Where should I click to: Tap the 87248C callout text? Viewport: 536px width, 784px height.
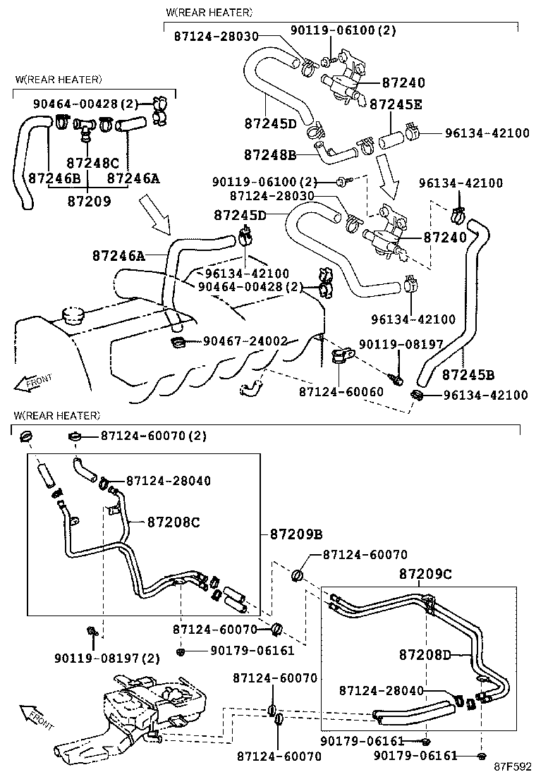point(87,162)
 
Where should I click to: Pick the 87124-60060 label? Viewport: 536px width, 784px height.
point(340,391)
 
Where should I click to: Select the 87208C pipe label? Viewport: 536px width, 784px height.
point(173,522)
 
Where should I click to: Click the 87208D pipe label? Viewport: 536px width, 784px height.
point(425,655)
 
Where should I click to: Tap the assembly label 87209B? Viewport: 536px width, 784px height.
point(296,534)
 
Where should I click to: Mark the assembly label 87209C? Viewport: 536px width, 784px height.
point(425,574)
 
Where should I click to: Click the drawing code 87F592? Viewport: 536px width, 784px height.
point(511,766)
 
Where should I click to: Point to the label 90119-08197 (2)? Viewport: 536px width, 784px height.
point(106,659)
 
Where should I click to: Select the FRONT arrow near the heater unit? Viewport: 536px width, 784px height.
point(35,716)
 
